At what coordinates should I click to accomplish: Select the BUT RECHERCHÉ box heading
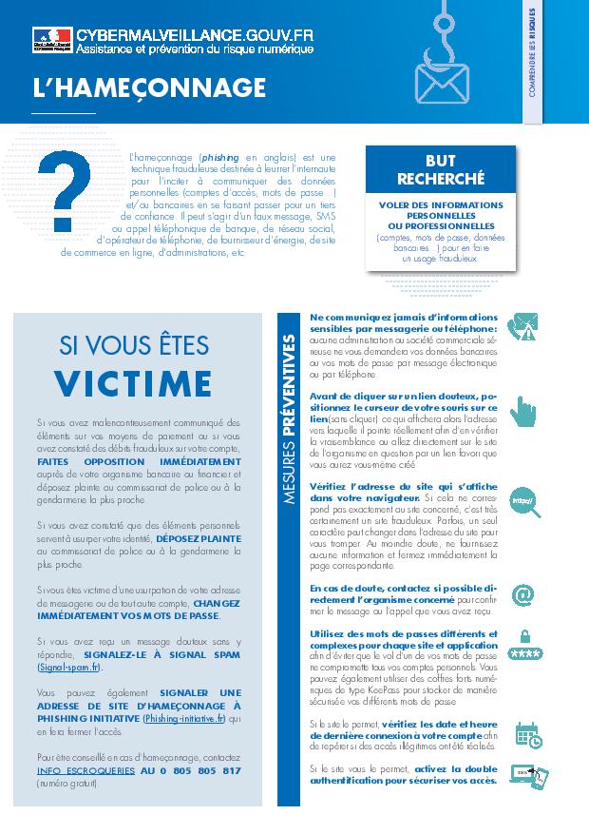pos(440,170)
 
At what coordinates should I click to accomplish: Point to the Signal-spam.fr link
pos(69,669)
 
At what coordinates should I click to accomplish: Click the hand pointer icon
pos(522,411)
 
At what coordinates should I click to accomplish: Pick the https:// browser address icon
pos(523,499)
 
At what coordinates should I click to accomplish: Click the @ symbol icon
pos(522,594)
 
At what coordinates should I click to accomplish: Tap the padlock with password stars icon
pos(525,647)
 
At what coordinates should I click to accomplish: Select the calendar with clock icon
pos(527,735)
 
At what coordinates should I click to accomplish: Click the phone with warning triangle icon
pos(523,326)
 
